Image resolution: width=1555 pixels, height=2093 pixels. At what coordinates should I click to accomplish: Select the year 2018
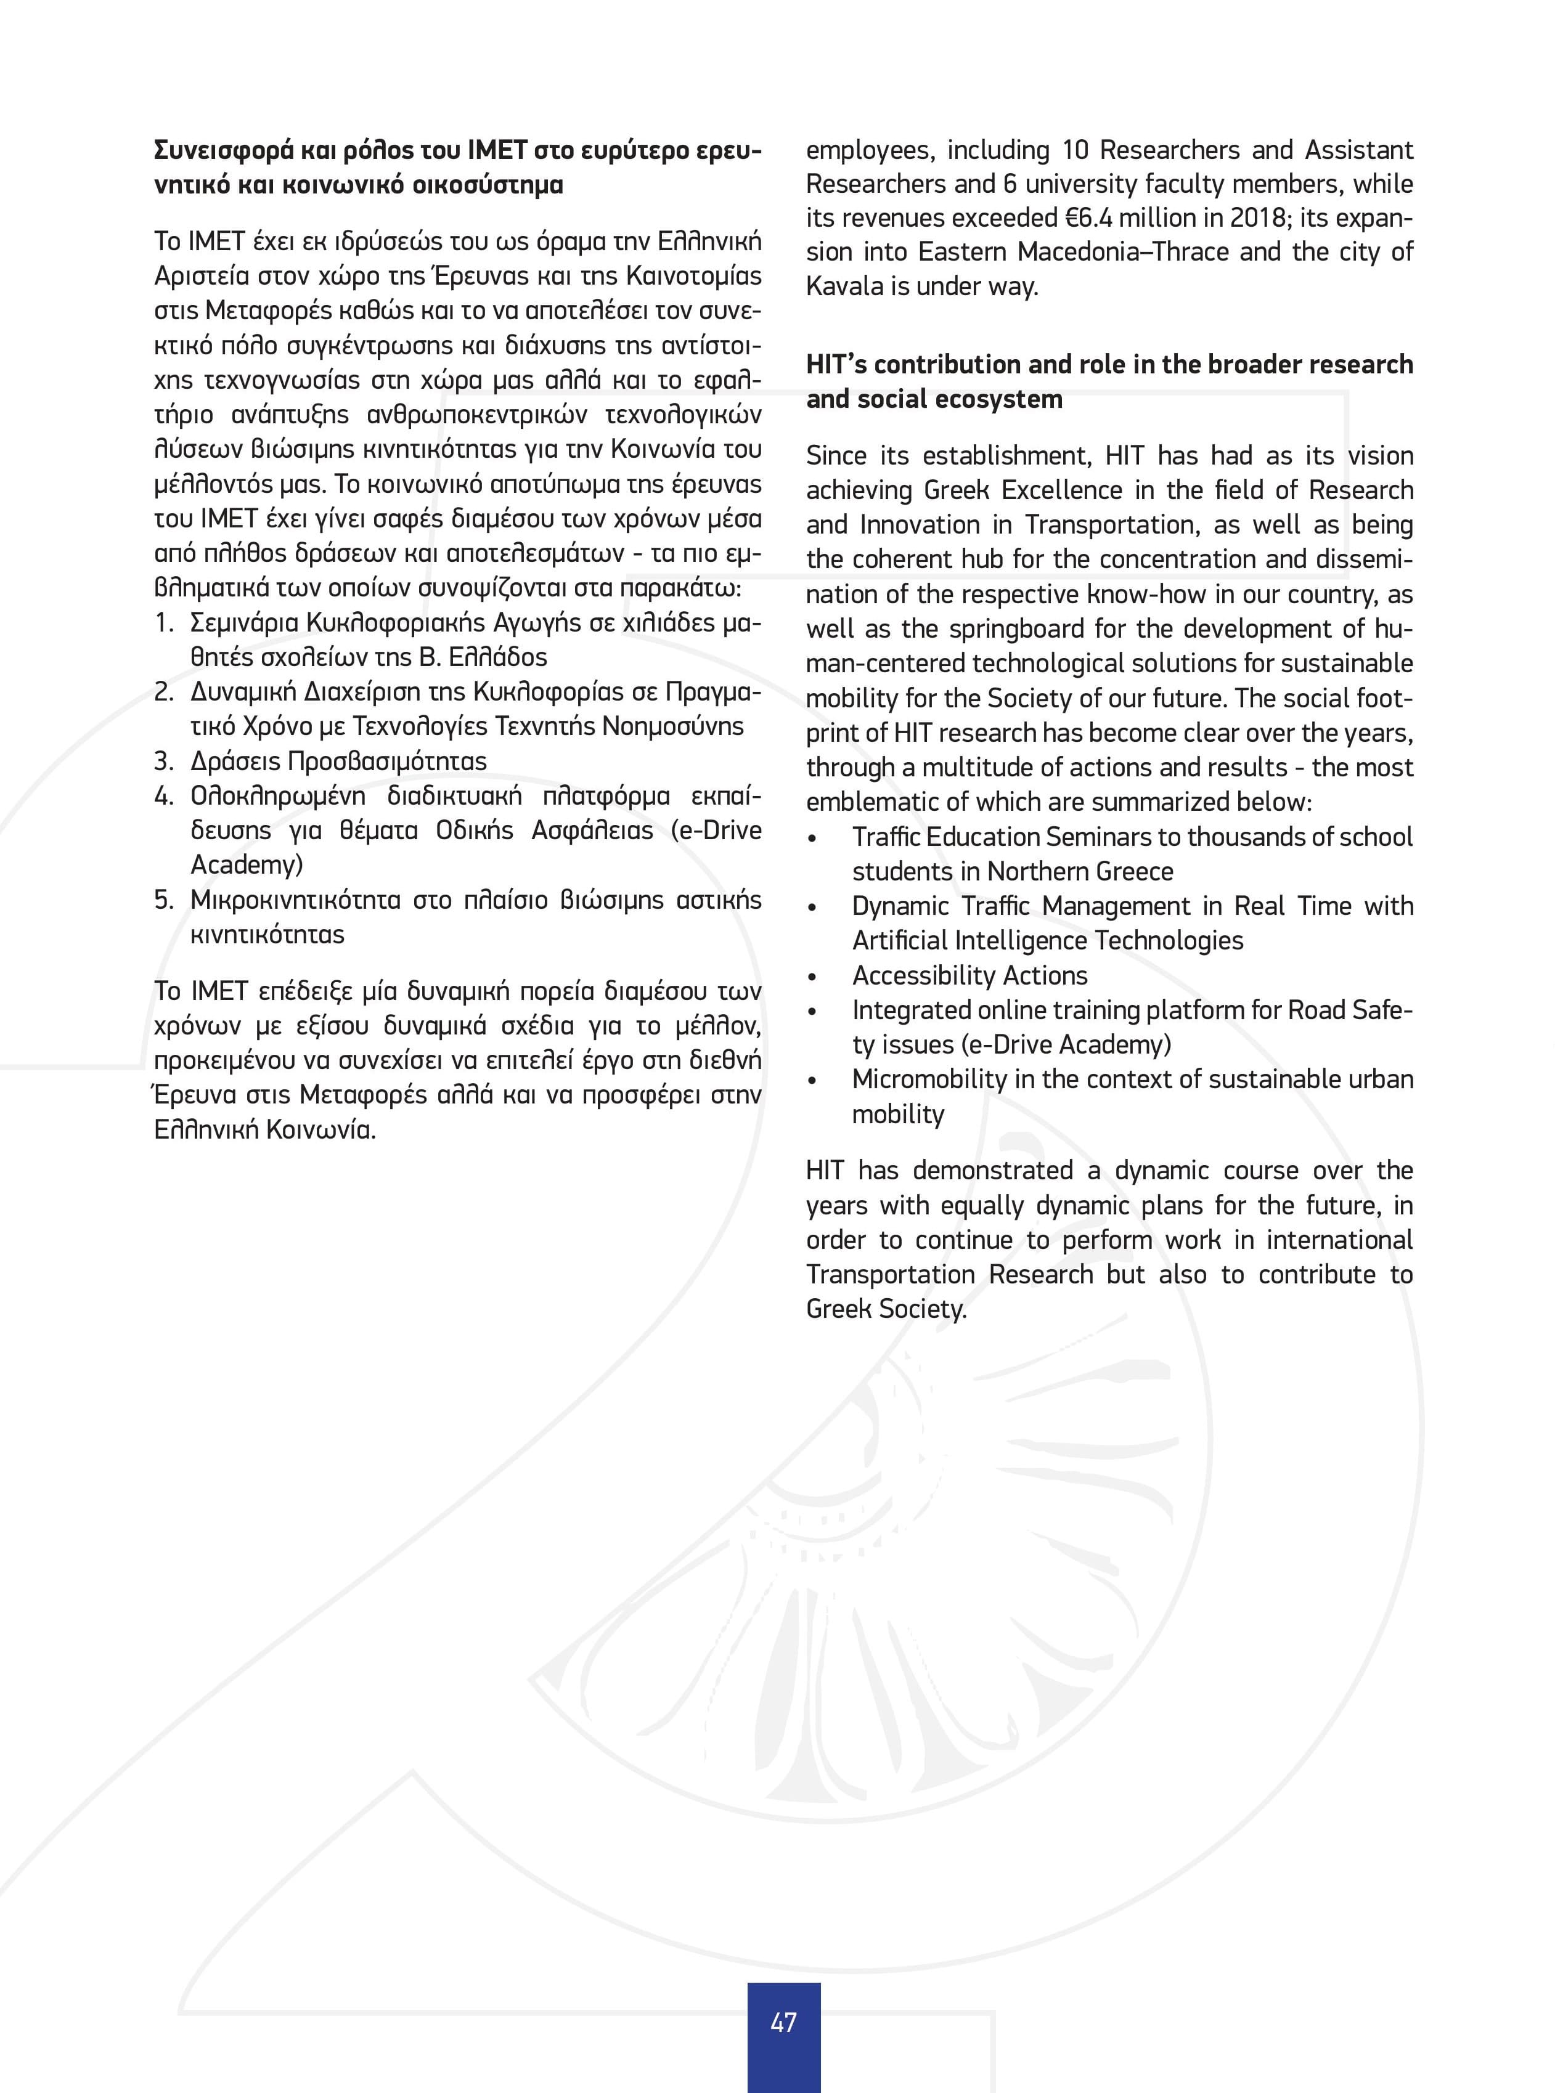[x=1255, y=218]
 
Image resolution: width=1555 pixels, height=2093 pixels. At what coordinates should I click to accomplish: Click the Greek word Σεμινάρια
[x=245, y=623]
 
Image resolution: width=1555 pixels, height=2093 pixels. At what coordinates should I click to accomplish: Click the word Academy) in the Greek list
[x=247, y=864]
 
